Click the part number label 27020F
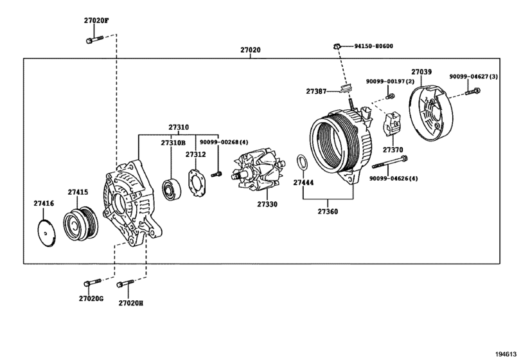(96, 21)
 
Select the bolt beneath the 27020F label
(94, 40)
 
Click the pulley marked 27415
(81, 224)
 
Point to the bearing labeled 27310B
(172, 190)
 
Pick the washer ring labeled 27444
(302, 163)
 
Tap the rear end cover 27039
(431, 113)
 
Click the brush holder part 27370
(393, 124)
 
